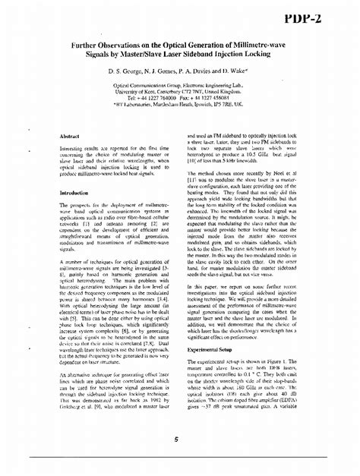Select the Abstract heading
click(70, 135)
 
